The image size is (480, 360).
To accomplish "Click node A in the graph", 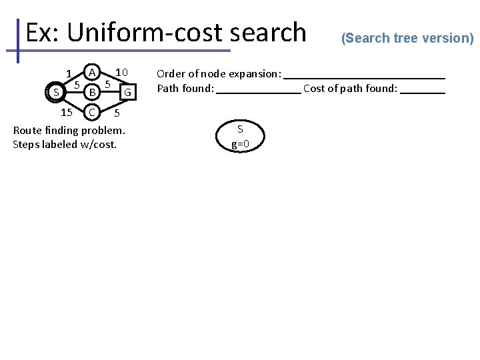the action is (x=93, y=71).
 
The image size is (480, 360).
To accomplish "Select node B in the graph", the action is (x=93, y=90).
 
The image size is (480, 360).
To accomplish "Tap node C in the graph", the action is (x=93, y=111).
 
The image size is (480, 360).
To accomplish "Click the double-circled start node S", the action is (x=56, y=92).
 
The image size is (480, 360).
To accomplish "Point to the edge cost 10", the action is (x=121, y=72).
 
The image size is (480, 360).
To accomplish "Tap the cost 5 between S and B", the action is (x=77, y=85).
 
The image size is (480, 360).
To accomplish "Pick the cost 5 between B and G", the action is (x=107, y=85).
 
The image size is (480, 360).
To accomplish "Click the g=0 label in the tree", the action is (x=240, y=143).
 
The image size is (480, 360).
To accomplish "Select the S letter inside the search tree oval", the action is (x=240, y=129).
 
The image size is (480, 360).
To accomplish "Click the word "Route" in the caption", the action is (x=27, y=130).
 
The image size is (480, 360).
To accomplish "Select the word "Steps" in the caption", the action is (x=27, y=144).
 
